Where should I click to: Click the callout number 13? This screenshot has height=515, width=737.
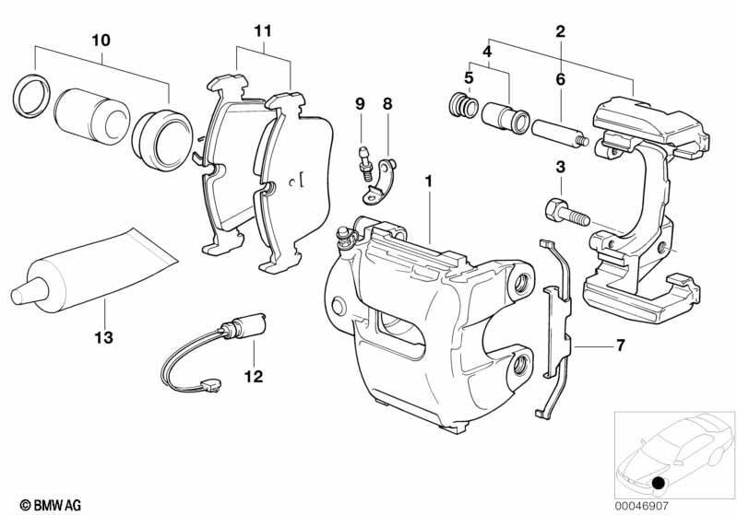(x=104, y=338)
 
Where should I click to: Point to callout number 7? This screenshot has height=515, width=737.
(x=620, y=345)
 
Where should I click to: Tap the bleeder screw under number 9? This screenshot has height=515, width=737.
(x=362, y=165)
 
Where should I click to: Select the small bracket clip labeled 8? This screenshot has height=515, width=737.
(x=382, y=181)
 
